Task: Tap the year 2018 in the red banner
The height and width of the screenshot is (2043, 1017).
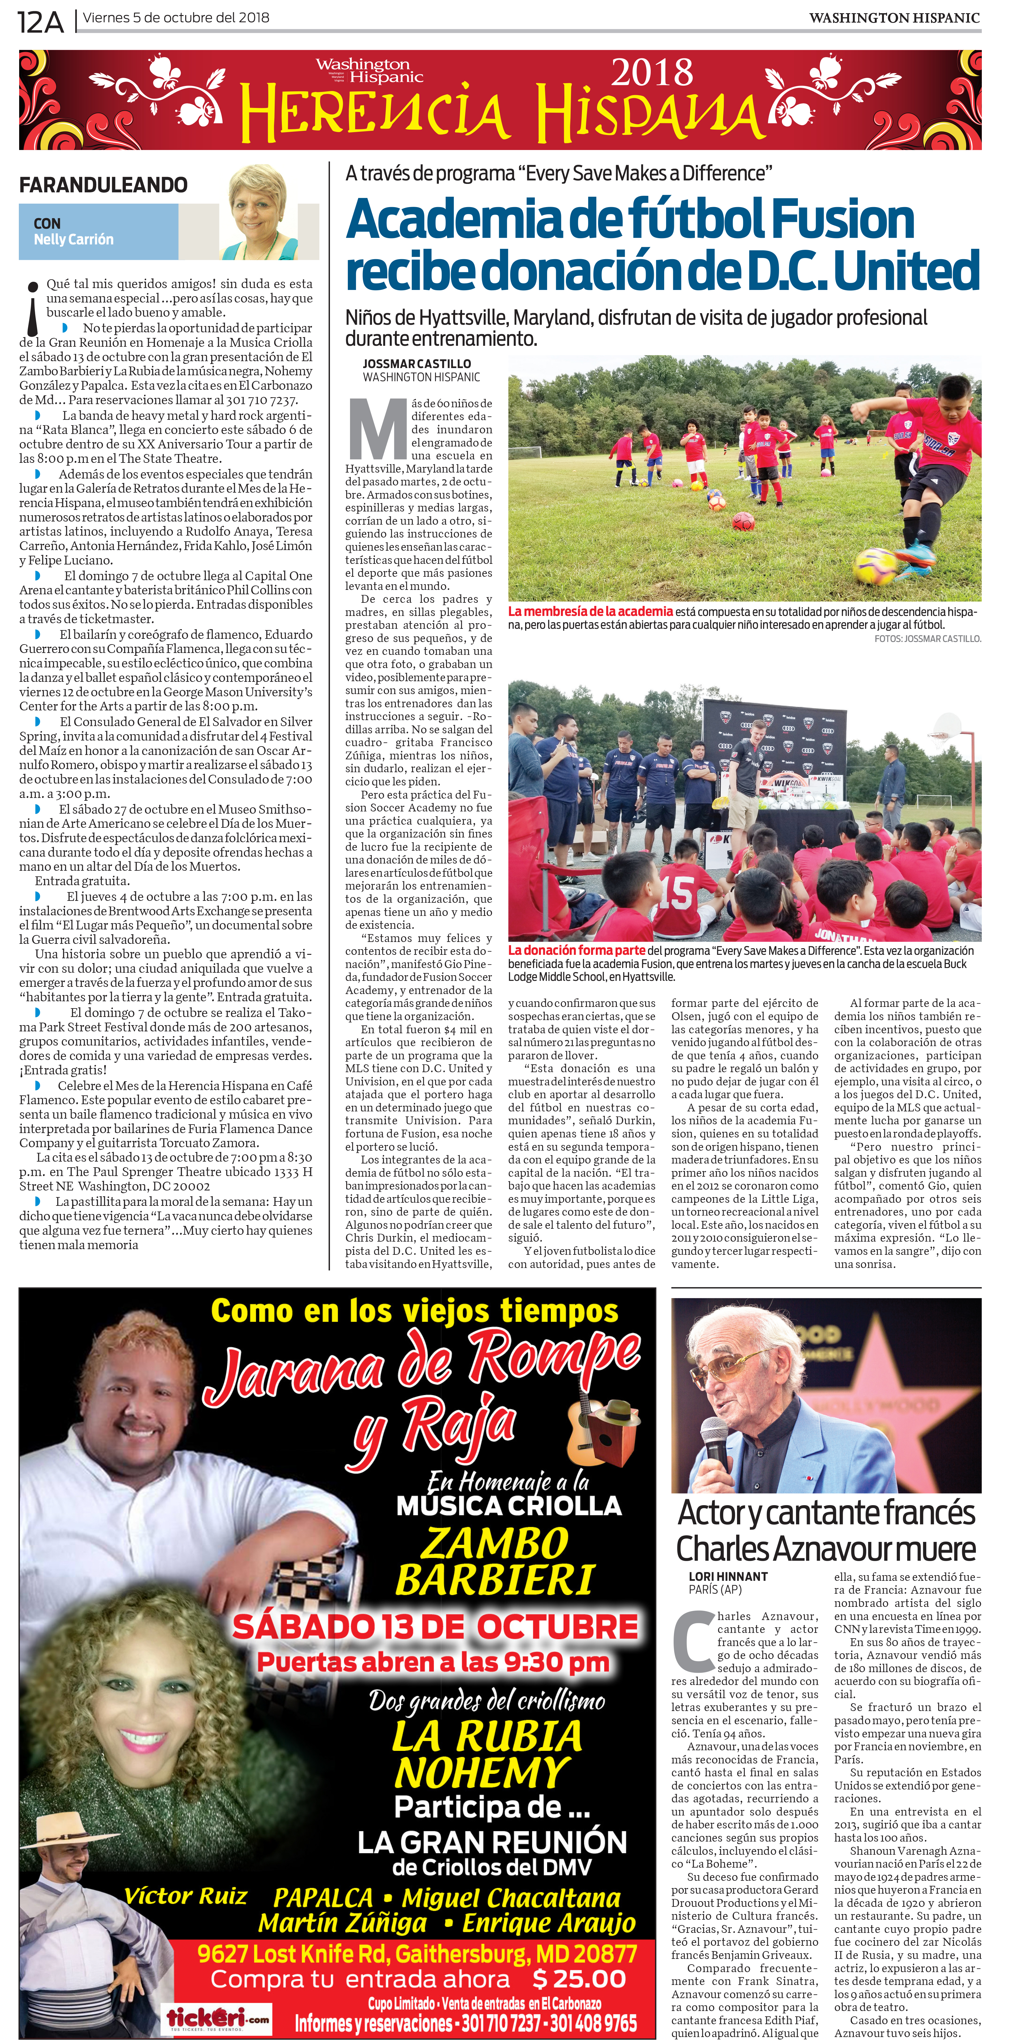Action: pos(652,74)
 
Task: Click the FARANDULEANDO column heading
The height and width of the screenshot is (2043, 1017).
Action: pos(103,185)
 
